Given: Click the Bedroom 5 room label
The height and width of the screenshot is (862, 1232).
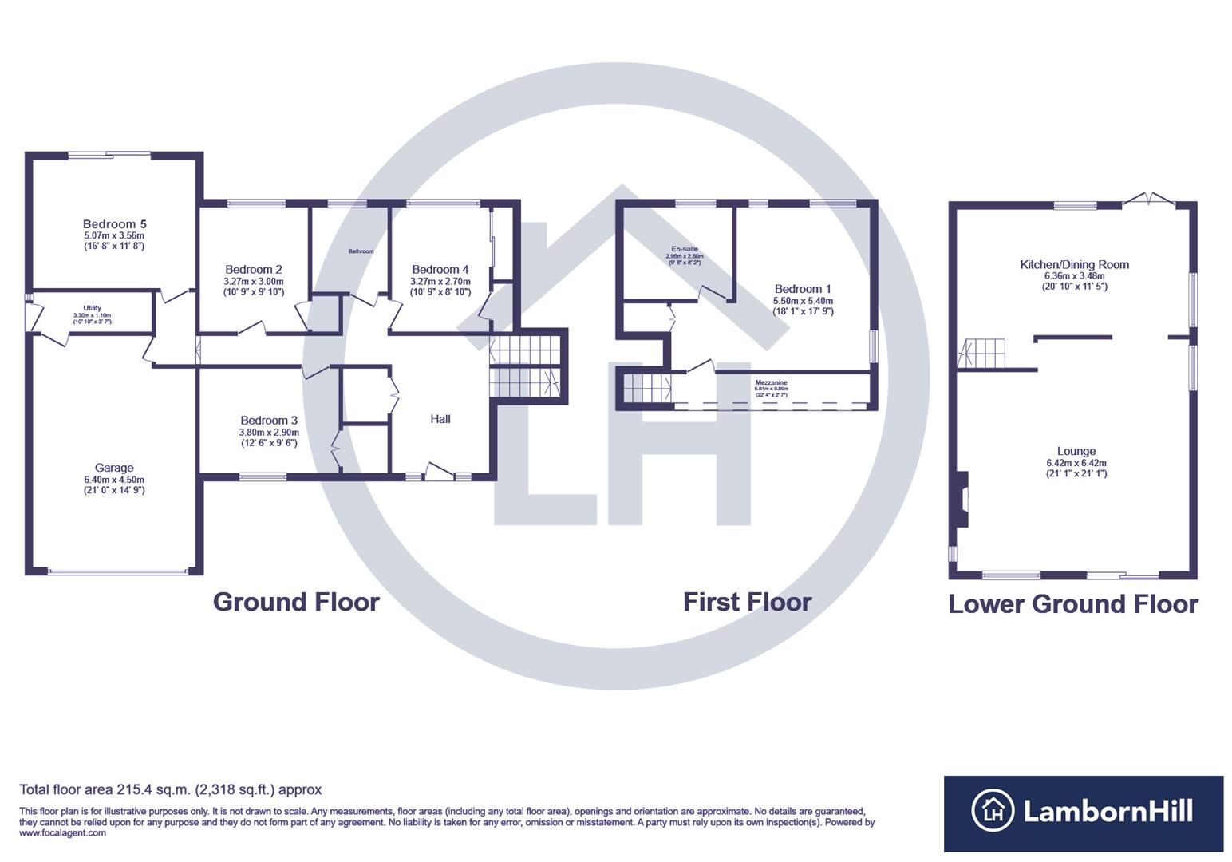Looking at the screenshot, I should tap(114, 224).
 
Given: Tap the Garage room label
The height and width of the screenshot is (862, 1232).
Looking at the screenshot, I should tap(114, 468).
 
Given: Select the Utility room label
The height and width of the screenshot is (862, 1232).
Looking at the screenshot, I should tap(92, 308).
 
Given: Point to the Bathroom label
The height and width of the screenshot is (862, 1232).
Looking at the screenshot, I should tap(361, 251).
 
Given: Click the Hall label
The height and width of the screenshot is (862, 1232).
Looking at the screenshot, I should tap(440, 419).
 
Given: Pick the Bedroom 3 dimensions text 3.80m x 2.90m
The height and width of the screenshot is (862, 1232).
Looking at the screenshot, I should tap(269, 433).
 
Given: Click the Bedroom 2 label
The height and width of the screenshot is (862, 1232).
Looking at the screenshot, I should tap(253, 270).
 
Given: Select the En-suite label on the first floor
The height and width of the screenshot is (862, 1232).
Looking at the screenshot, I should tap(684, 249).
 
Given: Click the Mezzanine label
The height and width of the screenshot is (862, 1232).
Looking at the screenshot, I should tap(771, 383).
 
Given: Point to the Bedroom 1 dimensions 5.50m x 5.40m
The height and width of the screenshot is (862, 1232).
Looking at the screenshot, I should tap(803, 301).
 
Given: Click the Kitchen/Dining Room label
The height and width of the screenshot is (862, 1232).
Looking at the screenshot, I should tap(1074, 264).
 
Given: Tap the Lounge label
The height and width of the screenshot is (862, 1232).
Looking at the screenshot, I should tap(1076, 451).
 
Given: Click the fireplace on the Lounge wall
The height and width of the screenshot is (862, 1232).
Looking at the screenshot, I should tap(963, 499).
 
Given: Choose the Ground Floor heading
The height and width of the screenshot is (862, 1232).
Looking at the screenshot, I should tap(296, 602).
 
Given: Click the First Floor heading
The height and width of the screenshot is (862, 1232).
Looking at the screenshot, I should tap(747, 602).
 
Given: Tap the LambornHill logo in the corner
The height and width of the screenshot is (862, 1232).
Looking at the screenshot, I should tap(1083, 813).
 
